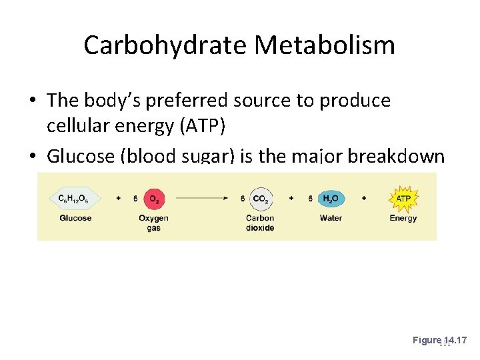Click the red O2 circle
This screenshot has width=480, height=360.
(x=153, y=198)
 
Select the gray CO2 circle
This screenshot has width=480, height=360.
(x=259, y=198)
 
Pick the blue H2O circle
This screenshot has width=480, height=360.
(x=330, y=198)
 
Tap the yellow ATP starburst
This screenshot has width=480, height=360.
(x=403, y=198)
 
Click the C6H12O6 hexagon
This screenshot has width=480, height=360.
(x=75, y=198)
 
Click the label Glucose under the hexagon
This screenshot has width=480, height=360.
(x=75, y=218)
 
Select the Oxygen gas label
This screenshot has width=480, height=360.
(x=153, y=223)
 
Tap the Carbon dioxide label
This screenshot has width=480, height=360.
(x=260, y=223)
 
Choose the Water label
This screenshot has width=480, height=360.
(x=330, y=218)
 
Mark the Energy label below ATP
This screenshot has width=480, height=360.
(x=403, y=218)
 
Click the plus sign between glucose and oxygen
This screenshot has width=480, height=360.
(x=117, y=199)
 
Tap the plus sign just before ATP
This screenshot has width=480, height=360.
(x=364, y=199)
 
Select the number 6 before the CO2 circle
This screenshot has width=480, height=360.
(x=243, y=199)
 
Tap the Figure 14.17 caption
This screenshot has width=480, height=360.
(x=440, y=341)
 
